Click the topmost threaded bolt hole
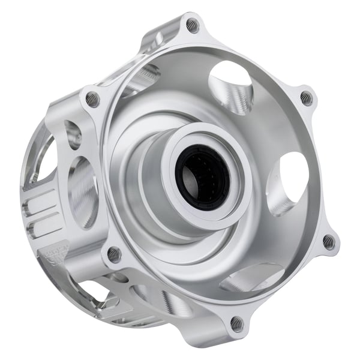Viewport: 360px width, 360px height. point(192,26)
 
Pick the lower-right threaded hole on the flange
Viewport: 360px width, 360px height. point(328,242)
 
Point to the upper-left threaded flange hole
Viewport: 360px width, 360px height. point(92,99)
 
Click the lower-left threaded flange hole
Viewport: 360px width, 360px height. point(114,254)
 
